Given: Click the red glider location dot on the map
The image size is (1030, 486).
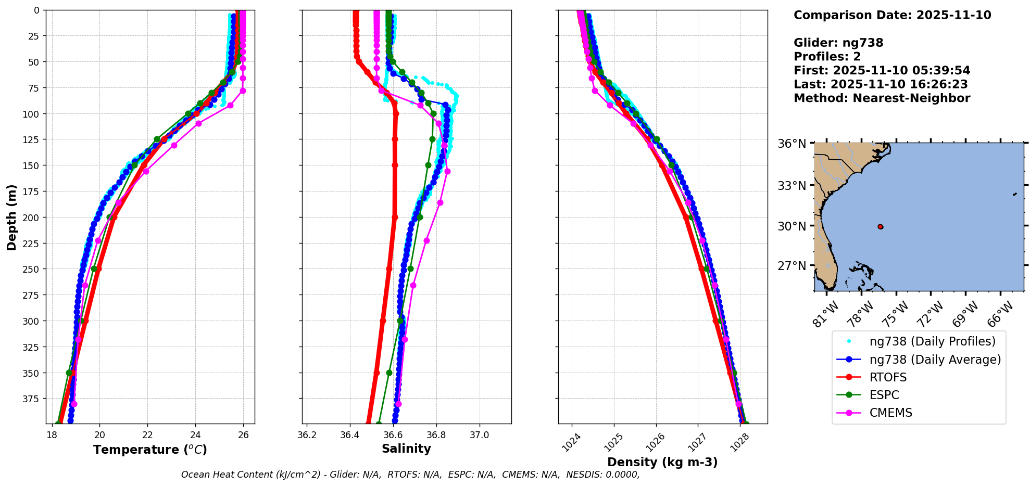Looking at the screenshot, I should click(880, 226).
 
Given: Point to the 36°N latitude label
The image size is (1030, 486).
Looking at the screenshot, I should click(792, 144).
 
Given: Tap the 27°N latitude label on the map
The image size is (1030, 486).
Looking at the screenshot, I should click(792, 266).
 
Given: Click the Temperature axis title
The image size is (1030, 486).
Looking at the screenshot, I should click(150, 450).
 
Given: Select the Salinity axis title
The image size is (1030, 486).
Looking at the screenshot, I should click(406, 449).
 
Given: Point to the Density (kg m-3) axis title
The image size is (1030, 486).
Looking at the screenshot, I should click(662, 462).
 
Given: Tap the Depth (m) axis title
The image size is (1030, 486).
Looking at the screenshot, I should click(11, 217).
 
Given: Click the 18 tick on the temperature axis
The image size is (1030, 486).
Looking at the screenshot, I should click(52, 435).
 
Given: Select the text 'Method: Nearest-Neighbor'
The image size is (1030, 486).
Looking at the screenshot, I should click(882, 98).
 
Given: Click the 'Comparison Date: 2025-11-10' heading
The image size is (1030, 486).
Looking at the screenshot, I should click(892, 15).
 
